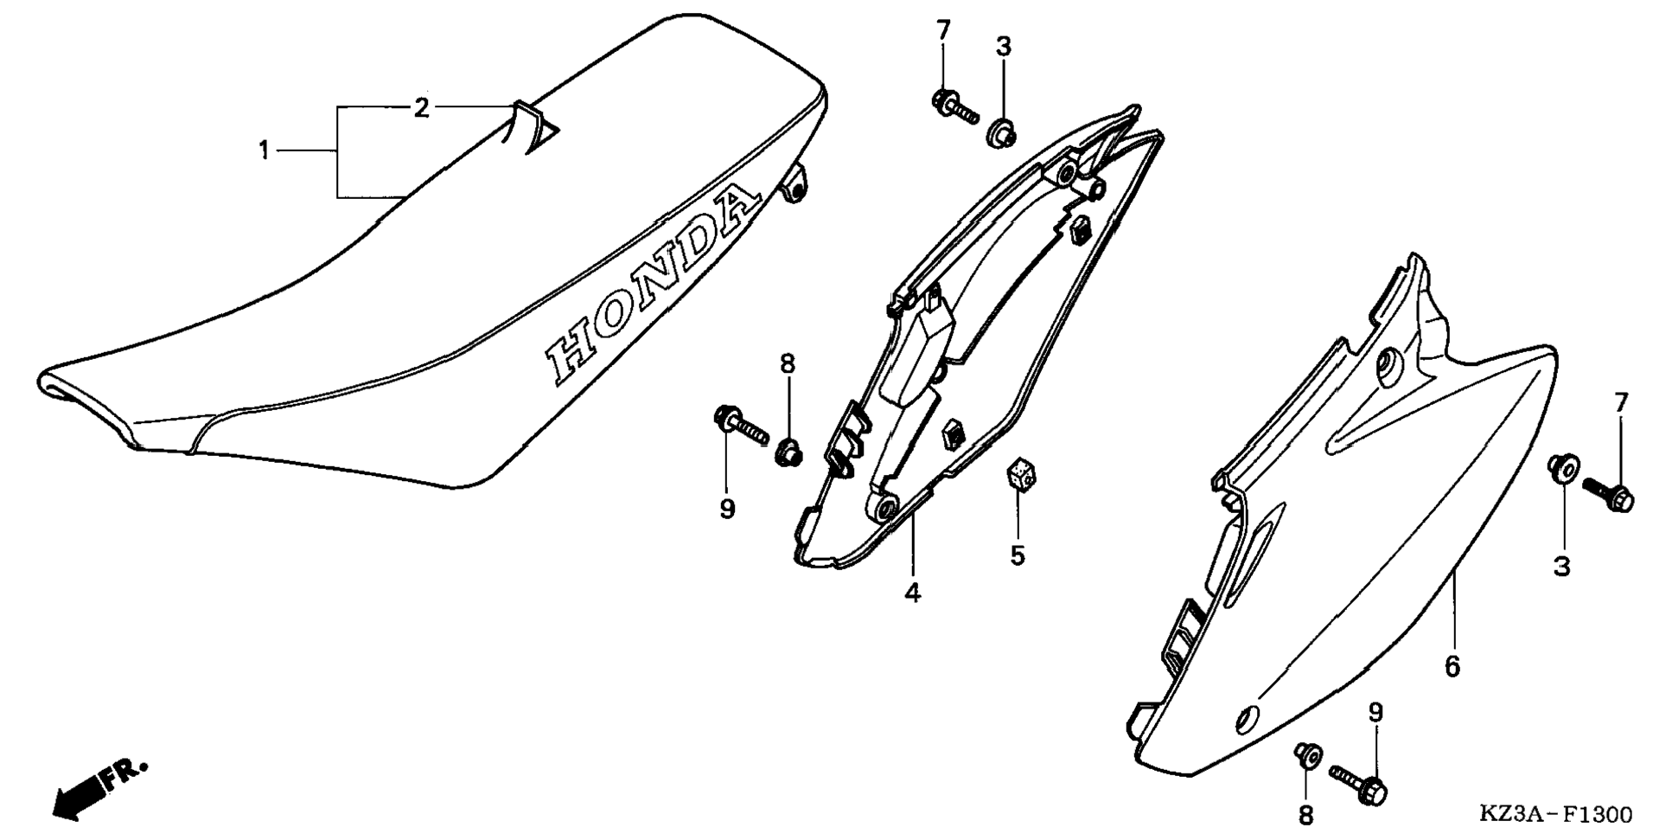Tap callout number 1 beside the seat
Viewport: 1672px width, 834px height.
[264, 151]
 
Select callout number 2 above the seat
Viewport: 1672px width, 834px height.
[421, 108]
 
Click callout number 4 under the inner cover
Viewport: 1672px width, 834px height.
[912, 593]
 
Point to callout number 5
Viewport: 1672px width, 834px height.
[1017, 555]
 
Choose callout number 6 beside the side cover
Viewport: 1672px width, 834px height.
[1452, 666]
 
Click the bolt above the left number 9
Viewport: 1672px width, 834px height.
[741, 426]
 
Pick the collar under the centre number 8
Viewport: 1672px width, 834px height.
[788, 451]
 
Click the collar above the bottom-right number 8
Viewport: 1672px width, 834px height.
[1307, 756]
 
